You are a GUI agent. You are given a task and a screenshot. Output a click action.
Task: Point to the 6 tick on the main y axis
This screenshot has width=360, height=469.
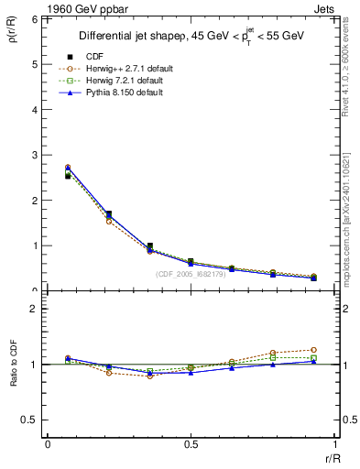pyautogui.click(x=34, y=19)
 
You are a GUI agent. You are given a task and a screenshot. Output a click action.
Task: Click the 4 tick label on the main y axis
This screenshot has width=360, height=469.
pyautogui.click(x=34, y=110)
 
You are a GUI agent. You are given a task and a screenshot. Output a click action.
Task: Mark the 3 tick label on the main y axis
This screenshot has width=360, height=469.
pyautogui.click(x=34, y=155)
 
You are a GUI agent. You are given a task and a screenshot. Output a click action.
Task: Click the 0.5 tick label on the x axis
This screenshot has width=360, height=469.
pyautogui.click(x=191, y=444)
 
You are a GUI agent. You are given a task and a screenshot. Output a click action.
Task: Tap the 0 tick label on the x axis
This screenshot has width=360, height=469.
pyautogui.click(x=48, y=444)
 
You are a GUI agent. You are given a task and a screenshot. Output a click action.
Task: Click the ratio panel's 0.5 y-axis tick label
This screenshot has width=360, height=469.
pyautogui.click(x=31, y=420)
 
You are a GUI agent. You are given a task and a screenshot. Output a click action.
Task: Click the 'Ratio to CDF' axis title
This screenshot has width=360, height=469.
pyautogui.click(x=13, y=365)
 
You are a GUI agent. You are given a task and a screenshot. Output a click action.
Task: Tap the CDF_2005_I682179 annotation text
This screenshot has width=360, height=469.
pyautogui.click(x=191, y=274)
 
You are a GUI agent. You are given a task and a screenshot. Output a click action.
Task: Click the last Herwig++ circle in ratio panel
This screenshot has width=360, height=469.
pyautogui.click(x=313, y=350)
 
